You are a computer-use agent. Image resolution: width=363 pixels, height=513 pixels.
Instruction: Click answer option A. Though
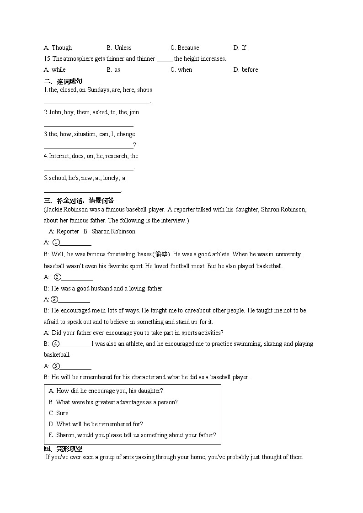pos(58,48)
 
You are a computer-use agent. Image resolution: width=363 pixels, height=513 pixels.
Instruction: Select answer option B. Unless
pos(119,48)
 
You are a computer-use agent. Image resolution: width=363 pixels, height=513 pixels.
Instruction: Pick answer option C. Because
pos(185,48)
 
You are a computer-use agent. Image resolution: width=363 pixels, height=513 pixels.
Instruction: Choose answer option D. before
pos(246,70)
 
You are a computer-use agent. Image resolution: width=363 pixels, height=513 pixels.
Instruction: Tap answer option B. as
pos(113,70)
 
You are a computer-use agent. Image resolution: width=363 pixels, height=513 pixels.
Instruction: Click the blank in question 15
pos(164,59)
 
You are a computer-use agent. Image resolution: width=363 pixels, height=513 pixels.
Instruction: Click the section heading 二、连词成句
pos(63,81)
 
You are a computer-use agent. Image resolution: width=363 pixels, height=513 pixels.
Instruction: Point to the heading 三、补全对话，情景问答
pos(79,200)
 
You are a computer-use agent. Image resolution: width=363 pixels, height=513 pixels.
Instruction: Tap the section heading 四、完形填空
pos(63,449)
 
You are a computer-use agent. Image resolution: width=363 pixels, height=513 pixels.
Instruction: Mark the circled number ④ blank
pos(75,344)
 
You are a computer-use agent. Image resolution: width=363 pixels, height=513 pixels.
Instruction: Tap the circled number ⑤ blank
pos(75,366)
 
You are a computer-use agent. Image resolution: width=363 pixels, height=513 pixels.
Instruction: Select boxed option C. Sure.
pos(59,413)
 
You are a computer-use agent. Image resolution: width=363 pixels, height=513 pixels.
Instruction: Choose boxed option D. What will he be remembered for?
pos(96,424)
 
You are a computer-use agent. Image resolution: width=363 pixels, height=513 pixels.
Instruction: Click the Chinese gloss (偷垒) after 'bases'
pos(161,254)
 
